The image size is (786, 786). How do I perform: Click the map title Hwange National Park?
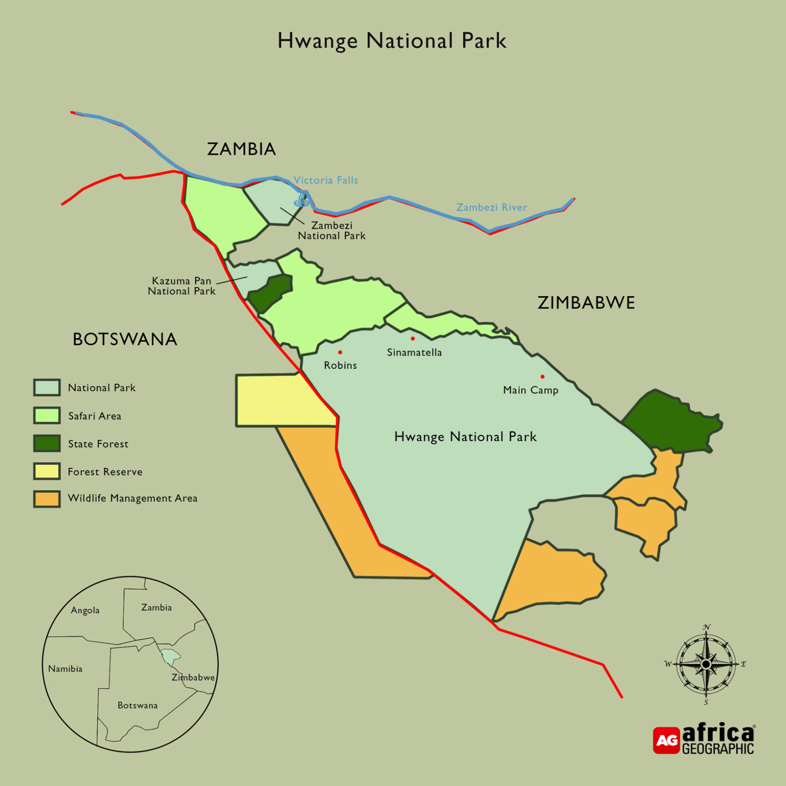[x=391, y=41]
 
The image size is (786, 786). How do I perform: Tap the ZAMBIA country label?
[x=241, y=149]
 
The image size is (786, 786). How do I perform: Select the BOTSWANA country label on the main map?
[x=125, y=339]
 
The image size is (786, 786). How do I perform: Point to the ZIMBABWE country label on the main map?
[x=586, y=303]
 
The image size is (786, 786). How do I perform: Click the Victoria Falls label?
[x=326, y=180]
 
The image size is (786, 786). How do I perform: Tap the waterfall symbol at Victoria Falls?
[x=301, y=201]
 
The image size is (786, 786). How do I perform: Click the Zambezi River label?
[x=491, y=208]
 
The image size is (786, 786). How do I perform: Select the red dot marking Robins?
[x=340, y=352]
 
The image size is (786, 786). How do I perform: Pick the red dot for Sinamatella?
[x=413, y=339]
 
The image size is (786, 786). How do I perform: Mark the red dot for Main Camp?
[x=542, y=376]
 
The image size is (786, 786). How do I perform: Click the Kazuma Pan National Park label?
[x=181, y=286]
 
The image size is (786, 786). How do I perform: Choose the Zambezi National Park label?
[x=331, y=231]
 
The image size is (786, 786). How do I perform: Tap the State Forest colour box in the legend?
[x=47, y=444]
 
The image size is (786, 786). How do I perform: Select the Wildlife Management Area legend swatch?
[x=47, y=499]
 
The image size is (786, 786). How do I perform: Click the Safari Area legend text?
[x=94, y=416]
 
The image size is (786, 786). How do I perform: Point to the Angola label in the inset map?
[x=85, y=611]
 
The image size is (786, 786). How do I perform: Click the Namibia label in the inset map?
[x=65, y=669]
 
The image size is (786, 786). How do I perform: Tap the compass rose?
[x=706, y=664]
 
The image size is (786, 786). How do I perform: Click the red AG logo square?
[x=666, y=740]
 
